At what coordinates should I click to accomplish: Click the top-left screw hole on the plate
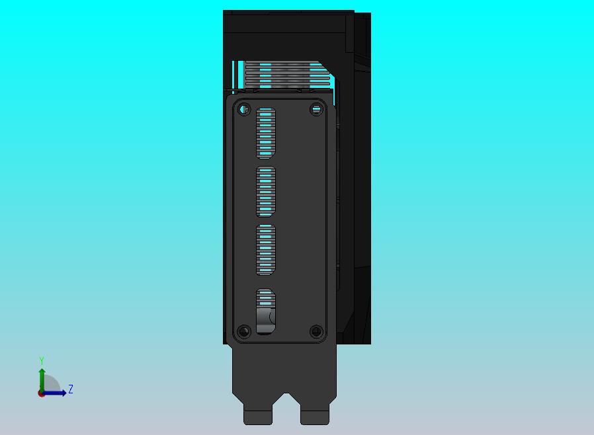[x=244, y=110]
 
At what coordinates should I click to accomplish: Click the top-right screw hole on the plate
[x=316, y=110]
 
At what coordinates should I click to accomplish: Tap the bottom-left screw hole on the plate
[x=244, y=332]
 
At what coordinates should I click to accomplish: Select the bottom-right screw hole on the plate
[x=316, y=332]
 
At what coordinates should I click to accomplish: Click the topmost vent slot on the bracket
[x=265, y=134]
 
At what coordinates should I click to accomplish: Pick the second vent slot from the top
[x=265, y=192]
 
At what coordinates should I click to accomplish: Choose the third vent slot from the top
[x=265, y=249]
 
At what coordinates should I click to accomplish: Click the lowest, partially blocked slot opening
[x=265, y=311]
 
